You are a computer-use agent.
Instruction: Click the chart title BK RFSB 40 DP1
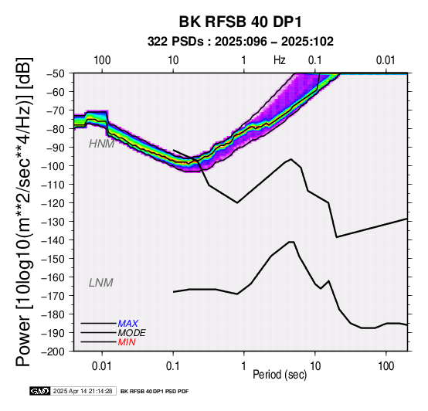(x=240, y=22)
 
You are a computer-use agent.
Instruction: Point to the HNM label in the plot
(x=101, y=144)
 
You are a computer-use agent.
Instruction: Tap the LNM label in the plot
(x=101, y=283)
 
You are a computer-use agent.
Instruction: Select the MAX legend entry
(x=128, y=324)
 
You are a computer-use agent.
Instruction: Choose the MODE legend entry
(x=132, y=333)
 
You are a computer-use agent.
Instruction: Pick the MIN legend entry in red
(x=127, y=342)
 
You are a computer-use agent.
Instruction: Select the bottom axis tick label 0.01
(x=102, y=366)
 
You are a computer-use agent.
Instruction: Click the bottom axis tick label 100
(x=386, y=366)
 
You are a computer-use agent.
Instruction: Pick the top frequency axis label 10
(x=173, y=60)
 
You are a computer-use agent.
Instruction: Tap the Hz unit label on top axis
(x=280, y=60)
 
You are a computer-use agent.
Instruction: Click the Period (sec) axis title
(x=280, y=375)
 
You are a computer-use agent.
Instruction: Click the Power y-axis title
(x=23, y=212)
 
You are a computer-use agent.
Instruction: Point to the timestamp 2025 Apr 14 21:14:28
(x=83, y=391)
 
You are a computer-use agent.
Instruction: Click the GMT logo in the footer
(x=40, y=391)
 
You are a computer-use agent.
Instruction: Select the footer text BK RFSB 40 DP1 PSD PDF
(x=155, y=392)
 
